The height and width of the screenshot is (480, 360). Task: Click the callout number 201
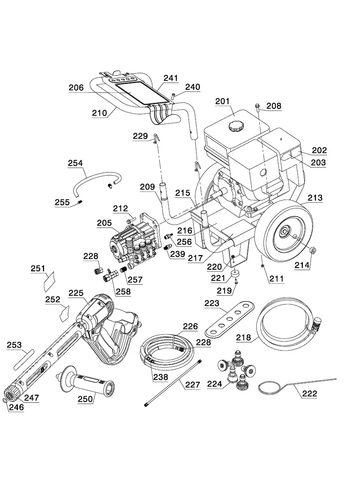pos(223,101)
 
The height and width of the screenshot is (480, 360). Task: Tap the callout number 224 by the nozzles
pos(215,384)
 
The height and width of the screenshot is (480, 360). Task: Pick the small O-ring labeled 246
pos(6,400)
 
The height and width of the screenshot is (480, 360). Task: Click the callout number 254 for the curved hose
pos(75,163)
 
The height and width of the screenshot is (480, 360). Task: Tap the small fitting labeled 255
pos(79,203)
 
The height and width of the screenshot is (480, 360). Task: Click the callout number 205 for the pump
pos(105,223)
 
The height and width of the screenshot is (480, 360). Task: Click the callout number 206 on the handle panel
pos(76,88)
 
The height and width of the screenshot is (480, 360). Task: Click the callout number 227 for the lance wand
pos(192,385)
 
